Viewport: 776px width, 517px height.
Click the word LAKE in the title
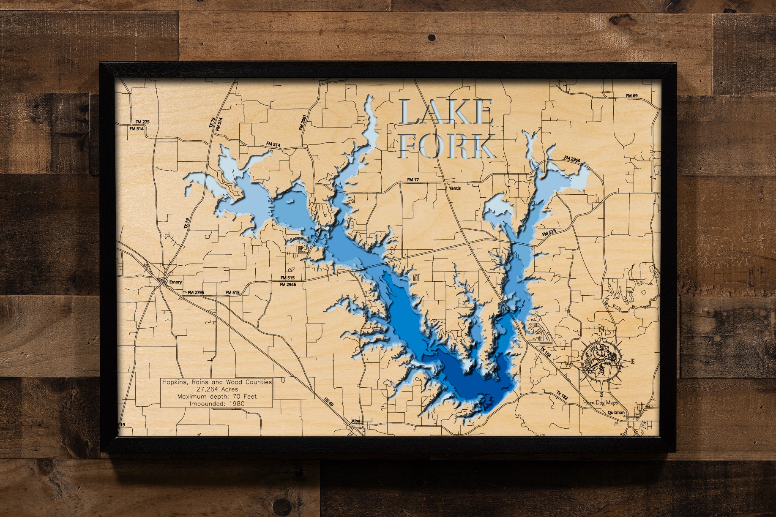pos(446,112)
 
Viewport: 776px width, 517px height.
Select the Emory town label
pos(175,282)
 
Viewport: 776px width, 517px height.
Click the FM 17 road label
pos(413,180)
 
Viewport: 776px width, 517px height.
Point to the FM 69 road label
pos(631,96)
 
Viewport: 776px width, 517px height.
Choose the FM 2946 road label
pos(287,284)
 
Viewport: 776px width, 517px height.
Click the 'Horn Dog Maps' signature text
pos(601,403)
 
